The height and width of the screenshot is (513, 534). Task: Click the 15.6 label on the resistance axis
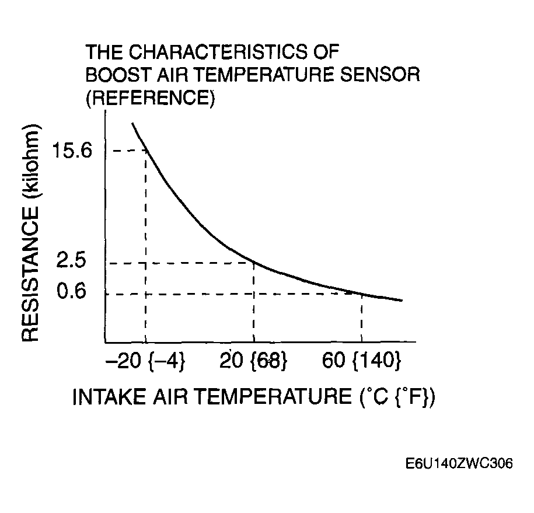tap(72, 151)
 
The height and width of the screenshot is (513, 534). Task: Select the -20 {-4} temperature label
tap(145, 362)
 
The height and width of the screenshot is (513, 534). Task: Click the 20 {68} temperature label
tap(253, 362)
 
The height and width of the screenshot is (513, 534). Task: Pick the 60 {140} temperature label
tap(362, 362)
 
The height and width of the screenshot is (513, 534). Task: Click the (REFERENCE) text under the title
tap(150, 98)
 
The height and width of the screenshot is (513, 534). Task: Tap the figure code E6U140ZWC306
tap(459, 465)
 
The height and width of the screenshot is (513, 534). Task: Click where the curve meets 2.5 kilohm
tap(254, 263)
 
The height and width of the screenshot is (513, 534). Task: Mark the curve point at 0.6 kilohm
tap(362, 294)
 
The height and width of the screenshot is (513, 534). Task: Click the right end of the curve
tap(402, 300)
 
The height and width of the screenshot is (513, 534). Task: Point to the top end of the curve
tap(132, 123)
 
